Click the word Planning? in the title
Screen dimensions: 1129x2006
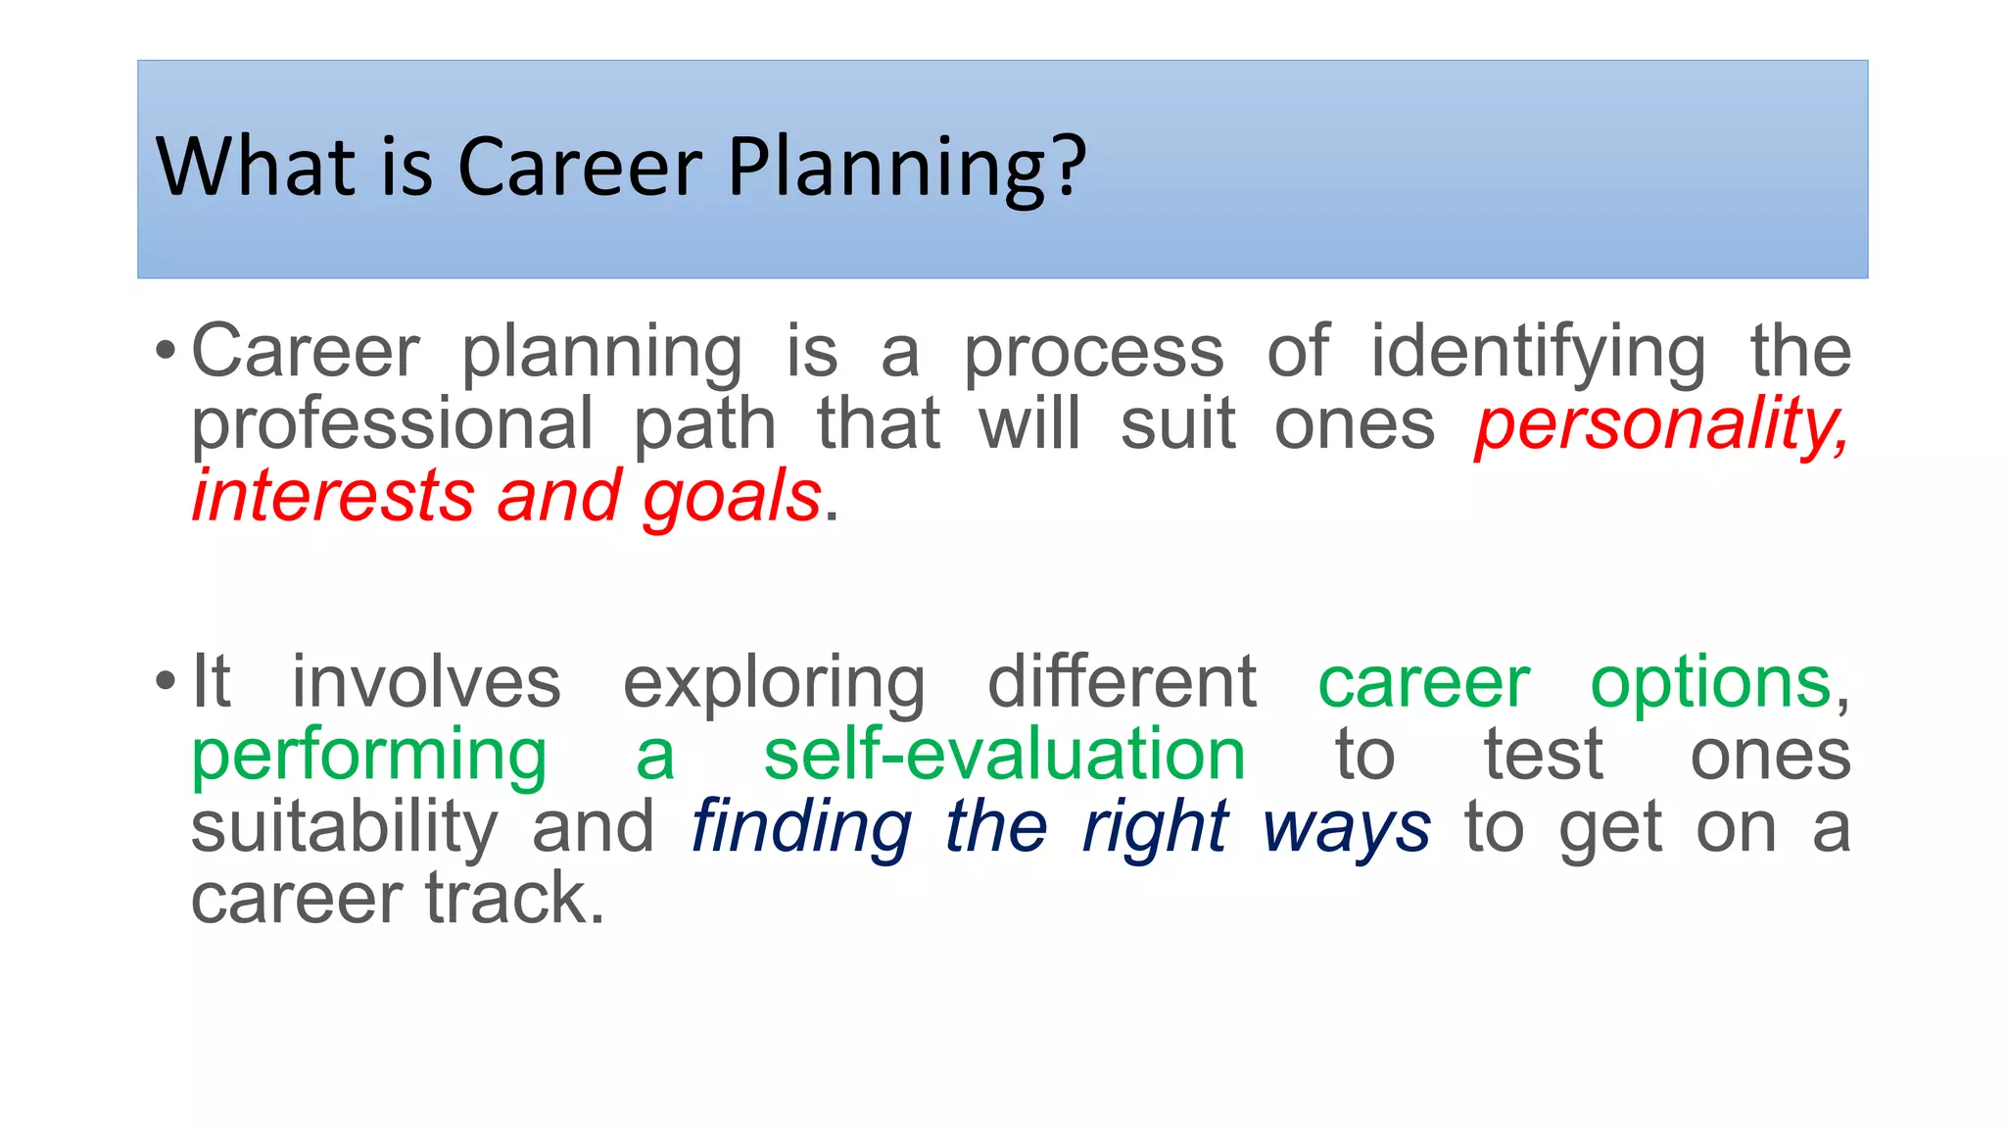click(x=906, y=168)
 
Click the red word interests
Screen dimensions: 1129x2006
click(x=333, y=496)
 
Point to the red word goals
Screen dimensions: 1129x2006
click(x=731, y=498)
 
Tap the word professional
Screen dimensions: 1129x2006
click(x=392, y=424)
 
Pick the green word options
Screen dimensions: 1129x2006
click(x=1710, y=683)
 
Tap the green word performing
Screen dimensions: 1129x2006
click(x=368, y=757)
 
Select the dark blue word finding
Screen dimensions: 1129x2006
click(x=801, y=828)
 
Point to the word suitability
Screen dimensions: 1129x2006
click(x=344, y=828)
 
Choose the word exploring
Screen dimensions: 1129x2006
click(x=774, y=683)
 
